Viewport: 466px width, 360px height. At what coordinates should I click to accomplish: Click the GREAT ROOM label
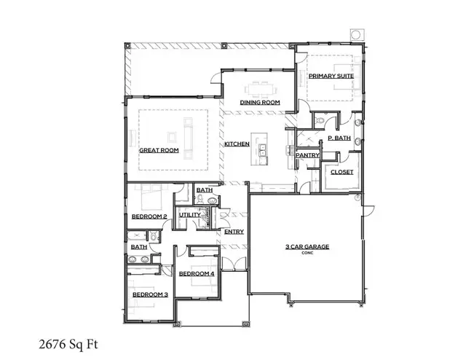pos(159,150)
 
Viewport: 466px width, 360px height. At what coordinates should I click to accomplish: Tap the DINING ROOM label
pos(260,103)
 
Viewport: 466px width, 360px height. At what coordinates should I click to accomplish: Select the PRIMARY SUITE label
pos(330,77)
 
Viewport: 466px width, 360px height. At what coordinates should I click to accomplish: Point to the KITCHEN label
pos(237,144)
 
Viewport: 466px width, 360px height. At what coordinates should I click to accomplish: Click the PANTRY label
pos(307,154)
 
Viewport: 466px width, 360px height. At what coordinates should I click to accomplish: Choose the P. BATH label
pos(339,137)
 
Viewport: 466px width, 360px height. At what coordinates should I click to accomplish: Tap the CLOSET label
pos(341,172)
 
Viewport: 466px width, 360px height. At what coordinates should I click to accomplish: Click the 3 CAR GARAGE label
pos(307,247)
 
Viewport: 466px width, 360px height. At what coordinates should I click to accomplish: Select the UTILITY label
pos(189,215)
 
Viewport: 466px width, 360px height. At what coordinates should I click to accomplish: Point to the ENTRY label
pos(234,232)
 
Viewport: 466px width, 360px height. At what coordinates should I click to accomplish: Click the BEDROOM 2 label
pos(149,216)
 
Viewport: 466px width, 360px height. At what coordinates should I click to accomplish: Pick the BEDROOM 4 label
pos(197,273)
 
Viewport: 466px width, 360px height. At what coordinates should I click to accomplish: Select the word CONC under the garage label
pos(307,254)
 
